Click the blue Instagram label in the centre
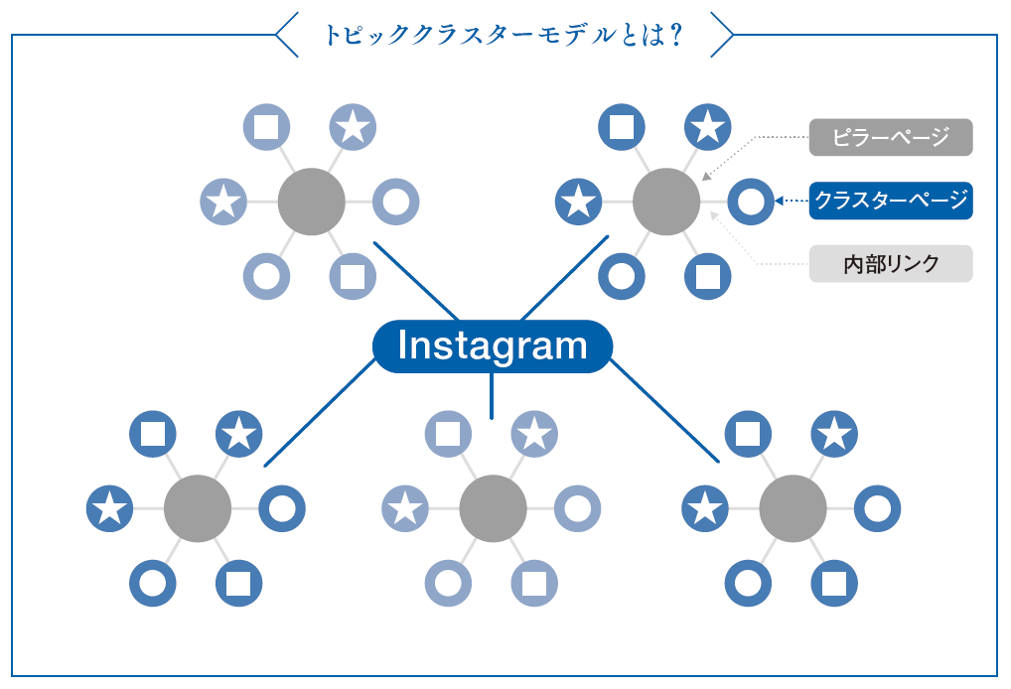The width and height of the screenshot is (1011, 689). click(493, 346)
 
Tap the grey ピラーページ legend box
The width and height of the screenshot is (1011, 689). click(890, 137)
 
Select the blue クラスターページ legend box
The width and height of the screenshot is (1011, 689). click(890, 201)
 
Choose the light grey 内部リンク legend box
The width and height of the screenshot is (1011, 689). click(890, 264)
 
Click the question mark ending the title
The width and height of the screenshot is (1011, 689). click(676, 36)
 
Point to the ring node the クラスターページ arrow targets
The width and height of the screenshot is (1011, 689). click(751, 202)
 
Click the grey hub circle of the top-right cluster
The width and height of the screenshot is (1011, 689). click(666, 202)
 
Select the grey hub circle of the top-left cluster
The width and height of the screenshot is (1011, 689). click(311, 202)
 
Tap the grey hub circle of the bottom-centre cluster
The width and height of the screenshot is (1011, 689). click(493, 509)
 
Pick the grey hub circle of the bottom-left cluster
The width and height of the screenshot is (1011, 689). click(197, 509)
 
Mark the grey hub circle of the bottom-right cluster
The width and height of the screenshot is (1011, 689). click(793, 509)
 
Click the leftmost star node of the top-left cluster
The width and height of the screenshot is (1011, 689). click(223, 202)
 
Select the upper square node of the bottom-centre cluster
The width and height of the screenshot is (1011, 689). click(448, 434)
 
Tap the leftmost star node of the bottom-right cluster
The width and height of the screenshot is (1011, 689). click(705, 509)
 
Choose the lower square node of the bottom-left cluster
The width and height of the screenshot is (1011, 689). click(239, 583)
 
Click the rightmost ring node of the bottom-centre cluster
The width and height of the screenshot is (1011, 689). click(577, 509)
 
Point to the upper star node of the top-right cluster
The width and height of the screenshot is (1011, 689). click(708, 126)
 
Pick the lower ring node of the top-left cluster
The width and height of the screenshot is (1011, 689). click(266, 276)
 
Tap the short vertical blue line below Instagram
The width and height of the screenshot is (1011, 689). click(492, 396)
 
